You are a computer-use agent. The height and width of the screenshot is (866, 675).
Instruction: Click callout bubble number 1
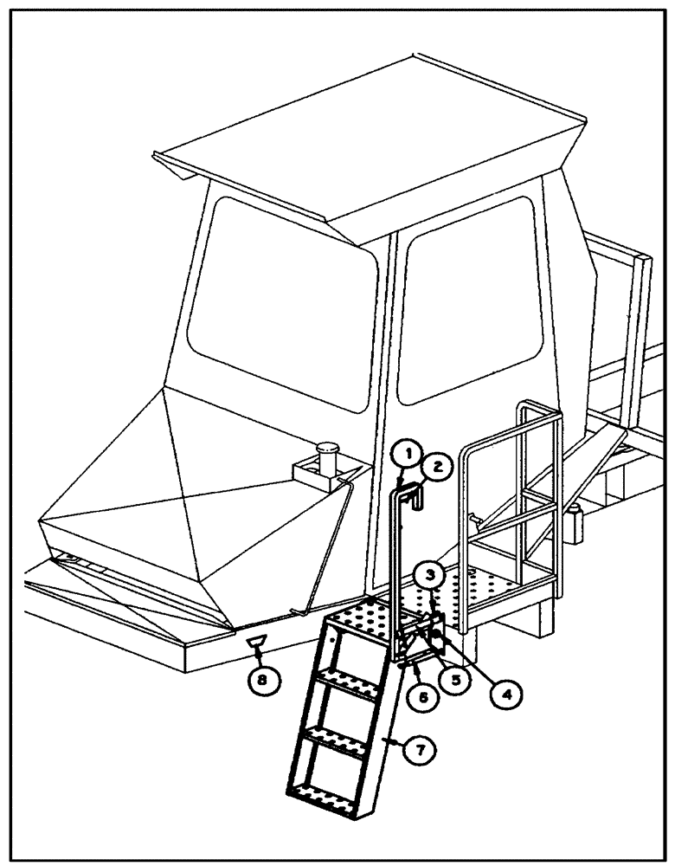tap(408, 451)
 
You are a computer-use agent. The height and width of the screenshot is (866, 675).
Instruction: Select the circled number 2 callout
tap(437, 467)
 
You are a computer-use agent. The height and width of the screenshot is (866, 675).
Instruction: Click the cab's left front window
tap(281, 303)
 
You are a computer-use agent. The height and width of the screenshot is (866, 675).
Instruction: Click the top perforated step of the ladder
tap(363, 619)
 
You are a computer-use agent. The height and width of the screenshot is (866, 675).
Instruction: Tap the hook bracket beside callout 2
tap(415, 498)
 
